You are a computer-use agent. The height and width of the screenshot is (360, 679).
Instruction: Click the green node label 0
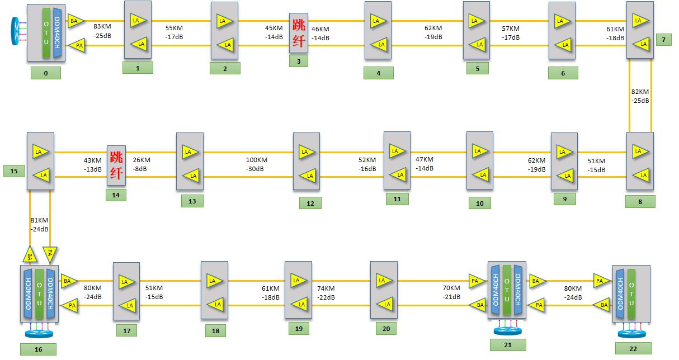[x=46, y=73]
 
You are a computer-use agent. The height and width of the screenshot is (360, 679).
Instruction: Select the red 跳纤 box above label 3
[x=298, y=33]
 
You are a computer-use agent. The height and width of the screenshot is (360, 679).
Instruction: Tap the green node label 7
[x=663, y=40]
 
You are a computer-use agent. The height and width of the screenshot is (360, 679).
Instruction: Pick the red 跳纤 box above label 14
[x=116, y=165]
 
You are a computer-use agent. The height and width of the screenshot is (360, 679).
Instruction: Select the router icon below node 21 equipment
[x=507, y=331]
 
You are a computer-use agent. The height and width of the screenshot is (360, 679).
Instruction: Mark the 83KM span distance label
[x=102, y=26]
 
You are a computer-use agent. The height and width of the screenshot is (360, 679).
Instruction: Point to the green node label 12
[x=310, y=203]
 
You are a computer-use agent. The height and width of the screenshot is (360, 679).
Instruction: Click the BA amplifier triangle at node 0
[x=75, y=22]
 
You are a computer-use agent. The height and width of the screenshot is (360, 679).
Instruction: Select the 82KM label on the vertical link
[x=640, y=92]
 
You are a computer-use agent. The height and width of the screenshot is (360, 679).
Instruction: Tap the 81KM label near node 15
[x=39, y=220]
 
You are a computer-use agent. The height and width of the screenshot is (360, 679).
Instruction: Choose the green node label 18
[x=215, y=331]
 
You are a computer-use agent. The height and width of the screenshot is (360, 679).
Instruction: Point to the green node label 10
[x=479, y=203]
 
